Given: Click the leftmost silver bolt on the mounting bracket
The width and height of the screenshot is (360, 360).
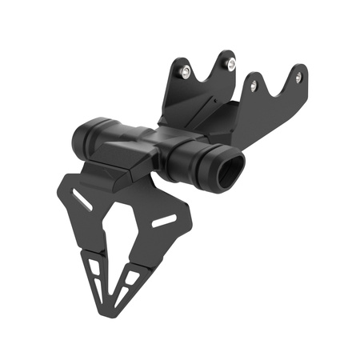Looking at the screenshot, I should pos(186,73).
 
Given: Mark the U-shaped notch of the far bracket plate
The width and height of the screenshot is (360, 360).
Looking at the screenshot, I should pos(275,84).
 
